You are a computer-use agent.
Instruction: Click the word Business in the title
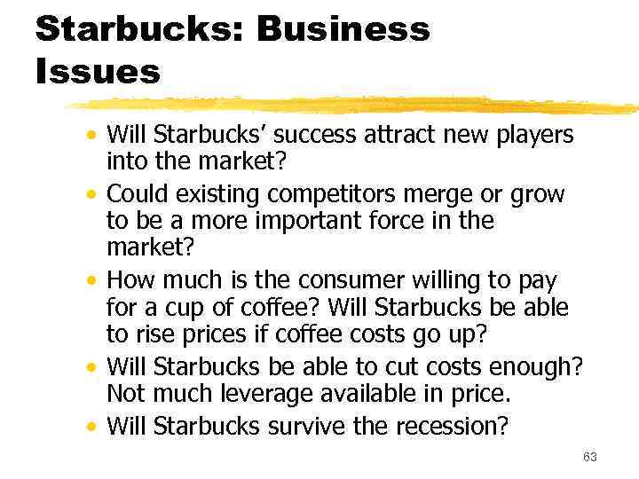pyautogui.click(x=343, y=29)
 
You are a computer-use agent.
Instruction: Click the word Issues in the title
pyautogui.click(x=98, y=71)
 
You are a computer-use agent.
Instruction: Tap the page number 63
pyautogui.click(x=590, y=457)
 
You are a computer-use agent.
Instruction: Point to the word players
pyautogui.click(x=530, y=136)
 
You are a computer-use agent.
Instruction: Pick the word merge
pyautogui.click(x=448, y=193)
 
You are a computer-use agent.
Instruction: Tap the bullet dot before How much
pyautogui.click(x=92, y=282)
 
